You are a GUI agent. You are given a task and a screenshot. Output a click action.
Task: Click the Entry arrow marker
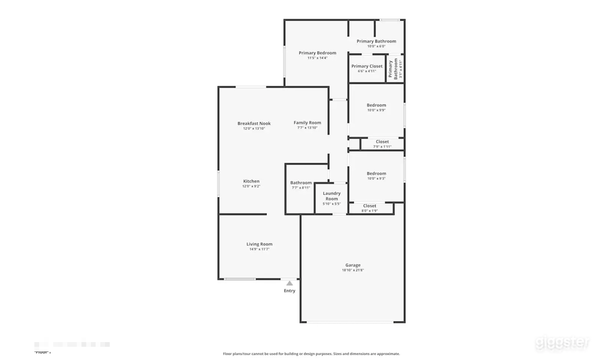pos(290,283)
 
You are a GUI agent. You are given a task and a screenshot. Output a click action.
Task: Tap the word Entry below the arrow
pos(290,291)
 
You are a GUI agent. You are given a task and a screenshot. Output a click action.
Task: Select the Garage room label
pos(353,265)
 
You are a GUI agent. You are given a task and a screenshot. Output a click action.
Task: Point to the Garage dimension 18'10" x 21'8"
pos(353,270)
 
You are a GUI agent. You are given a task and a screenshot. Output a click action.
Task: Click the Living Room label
pos(259,244)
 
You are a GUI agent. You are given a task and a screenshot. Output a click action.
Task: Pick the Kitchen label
pos(251,181)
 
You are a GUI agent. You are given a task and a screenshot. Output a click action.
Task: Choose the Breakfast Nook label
pos(254,123)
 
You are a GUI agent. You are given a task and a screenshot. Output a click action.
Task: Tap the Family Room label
pos(307,123)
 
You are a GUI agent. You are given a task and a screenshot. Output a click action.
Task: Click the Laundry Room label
pos(332,196)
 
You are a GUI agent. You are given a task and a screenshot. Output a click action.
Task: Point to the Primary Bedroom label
pos(317,53)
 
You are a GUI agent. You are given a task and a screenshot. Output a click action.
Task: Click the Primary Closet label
pos(367,66)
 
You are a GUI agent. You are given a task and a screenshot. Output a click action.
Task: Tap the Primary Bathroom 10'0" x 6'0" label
pos(376,41)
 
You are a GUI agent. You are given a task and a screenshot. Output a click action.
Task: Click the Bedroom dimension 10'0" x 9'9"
pos(376,110)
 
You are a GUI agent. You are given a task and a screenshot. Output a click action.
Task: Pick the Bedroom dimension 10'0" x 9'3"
pos(376,179)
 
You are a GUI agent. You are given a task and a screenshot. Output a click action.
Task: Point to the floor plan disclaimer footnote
pos(311,354)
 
